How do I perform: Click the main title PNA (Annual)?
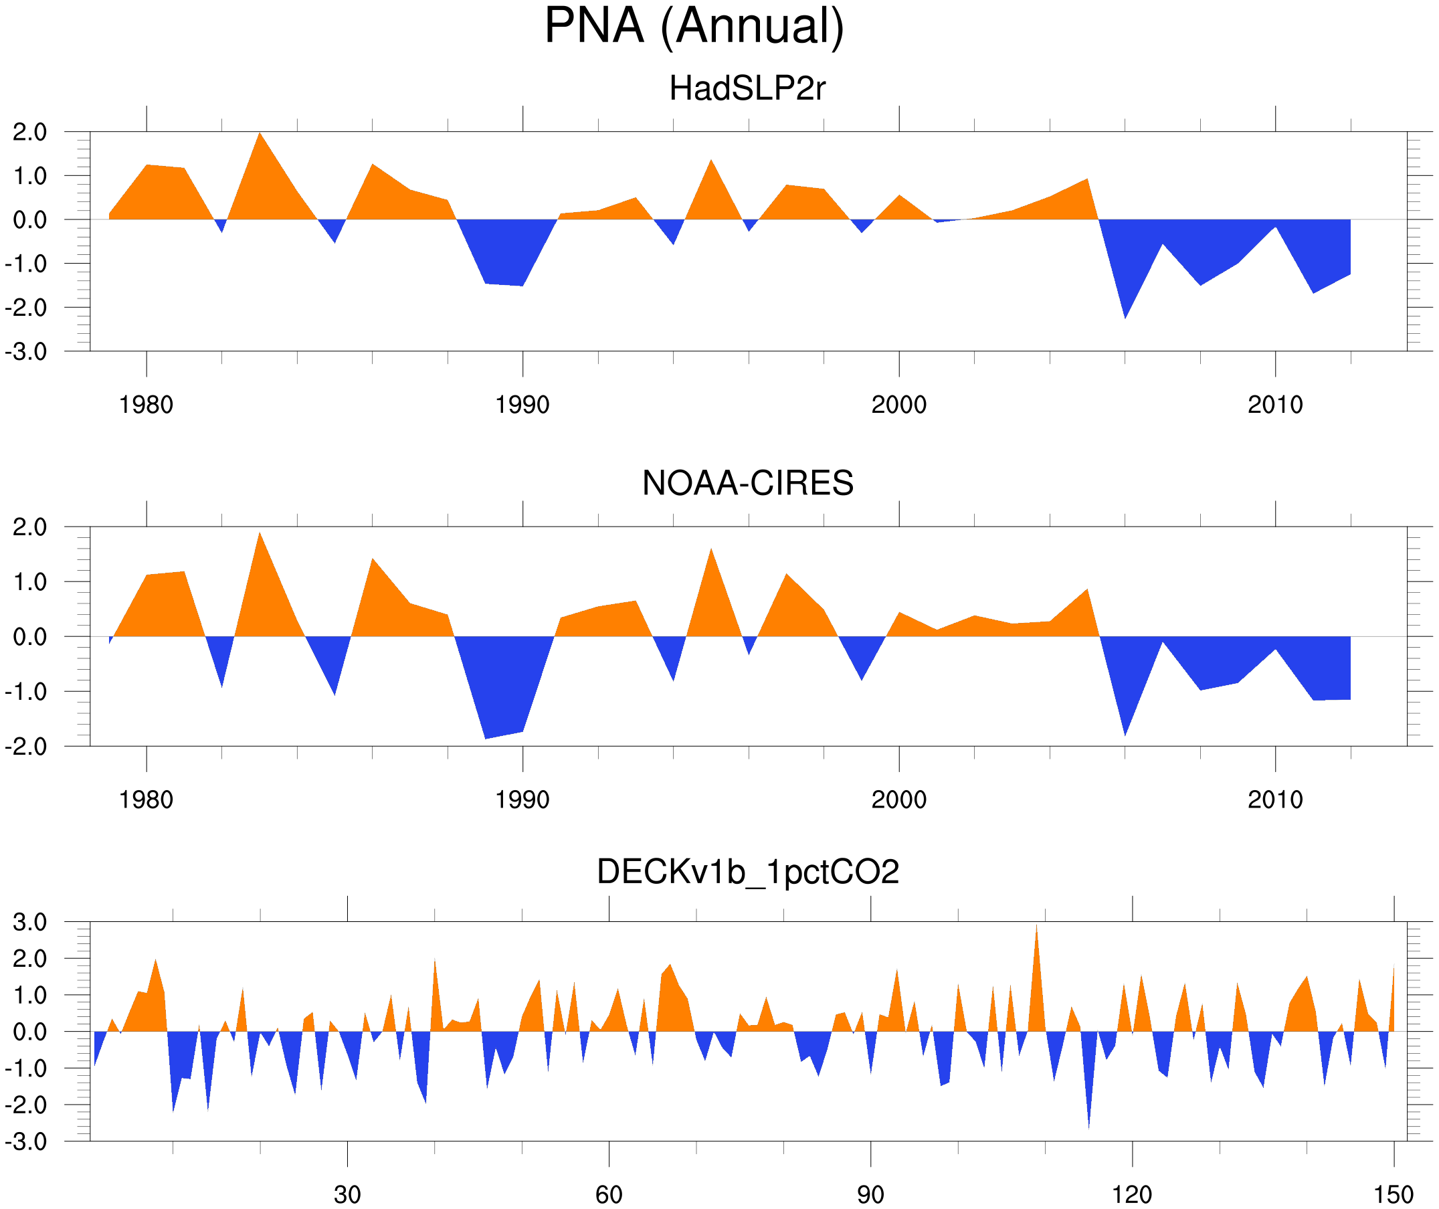tap(694, 26)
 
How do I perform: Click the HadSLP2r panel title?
tap(747, 88)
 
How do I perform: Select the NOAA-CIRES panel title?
tap(747, 483)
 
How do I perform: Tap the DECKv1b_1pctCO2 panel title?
tap(747, 872)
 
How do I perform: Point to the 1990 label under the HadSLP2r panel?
tap(522, 405)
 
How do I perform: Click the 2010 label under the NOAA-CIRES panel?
tap(1274, 800)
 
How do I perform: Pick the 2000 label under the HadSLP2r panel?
tap(898, 405)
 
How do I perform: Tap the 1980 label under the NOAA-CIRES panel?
tap(146, 800)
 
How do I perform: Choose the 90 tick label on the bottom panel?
tap(870, 1194)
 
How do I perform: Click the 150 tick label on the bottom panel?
tap(1393, 1194)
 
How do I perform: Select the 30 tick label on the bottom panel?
tap(347, 1194)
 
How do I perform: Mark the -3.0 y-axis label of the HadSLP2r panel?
tap(26, 352)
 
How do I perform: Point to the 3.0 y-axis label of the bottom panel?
tap(30, 923)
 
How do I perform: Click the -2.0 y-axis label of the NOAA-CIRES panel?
tap(26, 747)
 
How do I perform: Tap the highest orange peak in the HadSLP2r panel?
tap(260, 135)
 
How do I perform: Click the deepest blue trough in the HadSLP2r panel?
tap(1125, 316)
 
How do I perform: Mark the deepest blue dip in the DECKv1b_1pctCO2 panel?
tap(1089, 1124)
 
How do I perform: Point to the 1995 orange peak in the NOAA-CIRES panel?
tap(711, 551)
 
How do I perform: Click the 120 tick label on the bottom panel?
tap(1132, 1194)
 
